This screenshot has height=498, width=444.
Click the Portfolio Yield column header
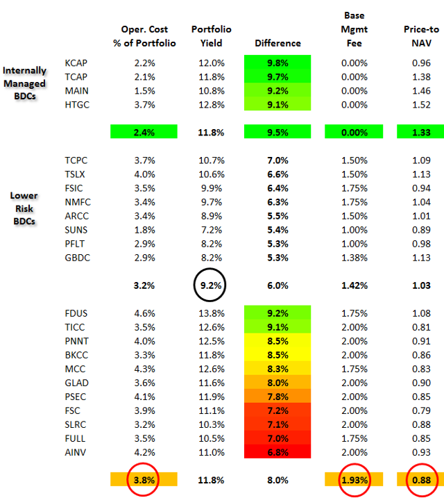coord(212,36)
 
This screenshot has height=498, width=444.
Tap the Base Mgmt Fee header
coord(354,30)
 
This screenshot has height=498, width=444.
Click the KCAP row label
coord(77,63)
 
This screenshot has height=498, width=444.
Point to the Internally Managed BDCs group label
coord(25,83)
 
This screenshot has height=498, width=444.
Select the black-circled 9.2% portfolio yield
coord(212,284)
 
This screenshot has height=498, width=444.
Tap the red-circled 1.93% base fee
coord(354,480)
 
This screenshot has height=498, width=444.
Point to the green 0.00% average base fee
coord(354,131)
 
